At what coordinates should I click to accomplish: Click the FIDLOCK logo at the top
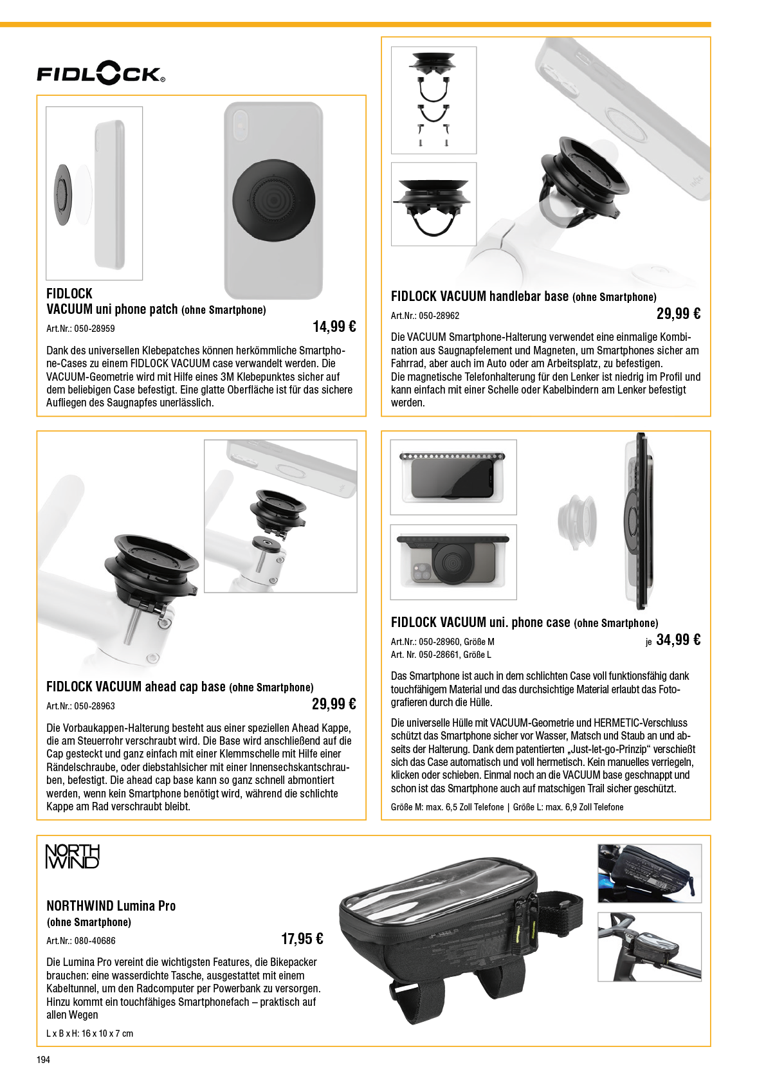click(101, 73)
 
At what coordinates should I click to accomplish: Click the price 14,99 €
click(334, 327)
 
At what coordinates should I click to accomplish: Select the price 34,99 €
click(679, 640)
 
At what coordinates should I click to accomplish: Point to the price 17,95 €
click(302, 939)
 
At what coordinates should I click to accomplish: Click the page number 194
click(43, 1060)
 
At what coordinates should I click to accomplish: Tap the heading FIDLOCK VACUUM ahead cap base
click(136, 687)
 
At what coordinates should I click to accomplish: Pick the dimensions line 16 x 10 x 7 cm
click(89, 1033)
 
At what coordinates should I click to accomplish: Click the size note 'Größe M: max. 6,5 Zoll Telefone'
click(448, 807)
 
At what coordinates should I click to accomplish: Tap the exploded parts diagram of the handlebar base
click(433, 100)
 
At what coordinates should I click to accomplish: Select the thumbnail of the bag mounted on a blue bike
click(650, 873)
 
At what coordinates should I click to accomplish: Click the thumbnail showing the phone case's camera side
click(453, 562)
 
